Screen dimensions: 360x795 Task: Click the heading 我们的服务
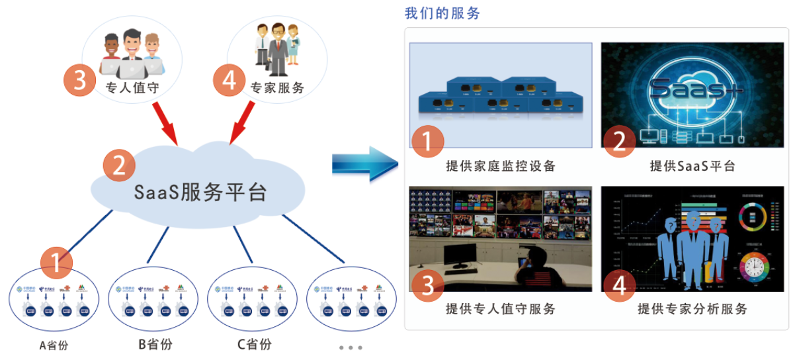442,13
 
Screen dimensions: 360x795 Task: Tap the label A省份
54,345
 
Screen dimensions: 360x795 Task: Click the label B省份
150,344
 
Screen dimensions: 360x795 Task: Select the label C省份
254,344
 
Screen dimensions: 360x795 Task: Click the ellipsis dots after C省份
350,347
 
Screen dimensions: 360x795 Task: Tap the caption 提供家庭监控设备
501,165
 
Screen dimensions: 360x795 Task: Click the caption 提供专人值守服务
501,308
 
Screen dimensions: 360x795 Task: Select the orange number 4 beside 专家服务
229,81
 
